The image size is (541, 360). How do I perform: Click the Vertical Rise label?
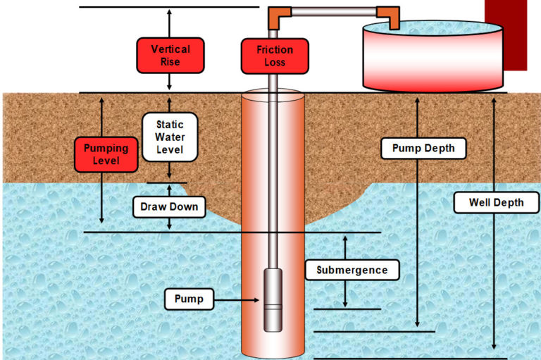170,56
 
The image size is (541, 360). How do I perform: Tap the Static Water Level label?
169,137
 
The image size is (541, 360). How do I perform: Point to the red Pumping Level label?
106,154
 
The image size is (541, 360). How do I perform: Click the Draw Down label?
169,207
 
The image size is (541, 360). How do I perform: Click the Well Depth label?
497,203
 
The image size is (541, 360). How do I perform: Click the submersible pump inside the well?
273,299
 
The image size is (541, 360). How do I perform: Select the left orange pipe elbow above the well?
277,15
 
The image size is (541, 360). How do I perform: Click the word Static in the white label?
169,125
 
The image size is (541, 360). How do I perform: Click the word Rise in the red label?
170,62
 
